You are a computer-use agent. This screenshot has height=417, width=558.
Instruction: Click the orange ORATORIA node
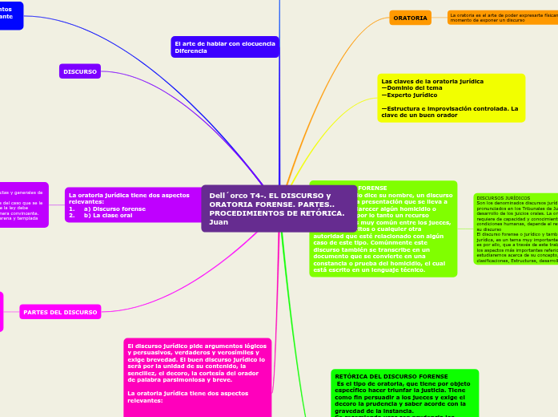click(410, 18)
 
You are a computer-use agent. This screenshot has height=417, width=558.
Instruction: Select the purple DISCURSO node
click(80, 71)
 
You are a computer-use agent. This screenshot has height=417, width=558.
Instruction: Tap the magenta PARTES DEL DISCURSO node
click(60, 312)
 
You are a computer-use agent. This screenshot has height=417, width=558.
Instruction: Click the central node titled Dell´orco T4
click(279, 208)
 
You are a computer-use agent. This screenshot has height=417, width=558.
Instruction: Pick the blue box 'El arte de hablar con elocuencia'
click(225, 47)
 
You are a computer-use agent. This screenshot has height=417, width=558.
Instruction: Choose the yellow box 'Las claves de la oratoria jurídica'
click(451, 98)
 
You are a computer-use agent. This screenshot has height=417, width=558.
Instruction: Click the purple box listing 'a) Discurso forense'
click(133, 204)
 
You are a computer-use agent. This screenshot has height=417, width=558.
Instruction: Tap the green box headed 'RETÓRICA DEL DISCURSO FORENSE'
click(403, 393)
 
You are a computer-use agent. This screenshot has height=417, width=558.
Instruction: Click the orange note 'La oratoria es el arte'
click(503, 18)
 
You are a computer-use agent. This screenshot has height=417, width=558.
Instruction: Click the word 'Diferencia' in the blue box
click(191, 51)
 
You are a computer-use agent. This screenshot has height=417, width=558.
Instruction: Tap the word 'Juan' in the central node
click(219, 222)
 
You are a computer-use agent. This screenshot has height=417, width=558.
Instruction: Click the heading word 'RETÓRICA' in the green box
click(351, 376)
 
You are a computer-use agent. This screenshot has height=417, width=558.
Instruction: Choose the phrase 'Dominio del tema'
click(410, 88)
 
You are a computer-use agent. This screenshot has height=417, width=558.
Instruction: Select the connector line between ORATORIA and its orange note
click(440, 18)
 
